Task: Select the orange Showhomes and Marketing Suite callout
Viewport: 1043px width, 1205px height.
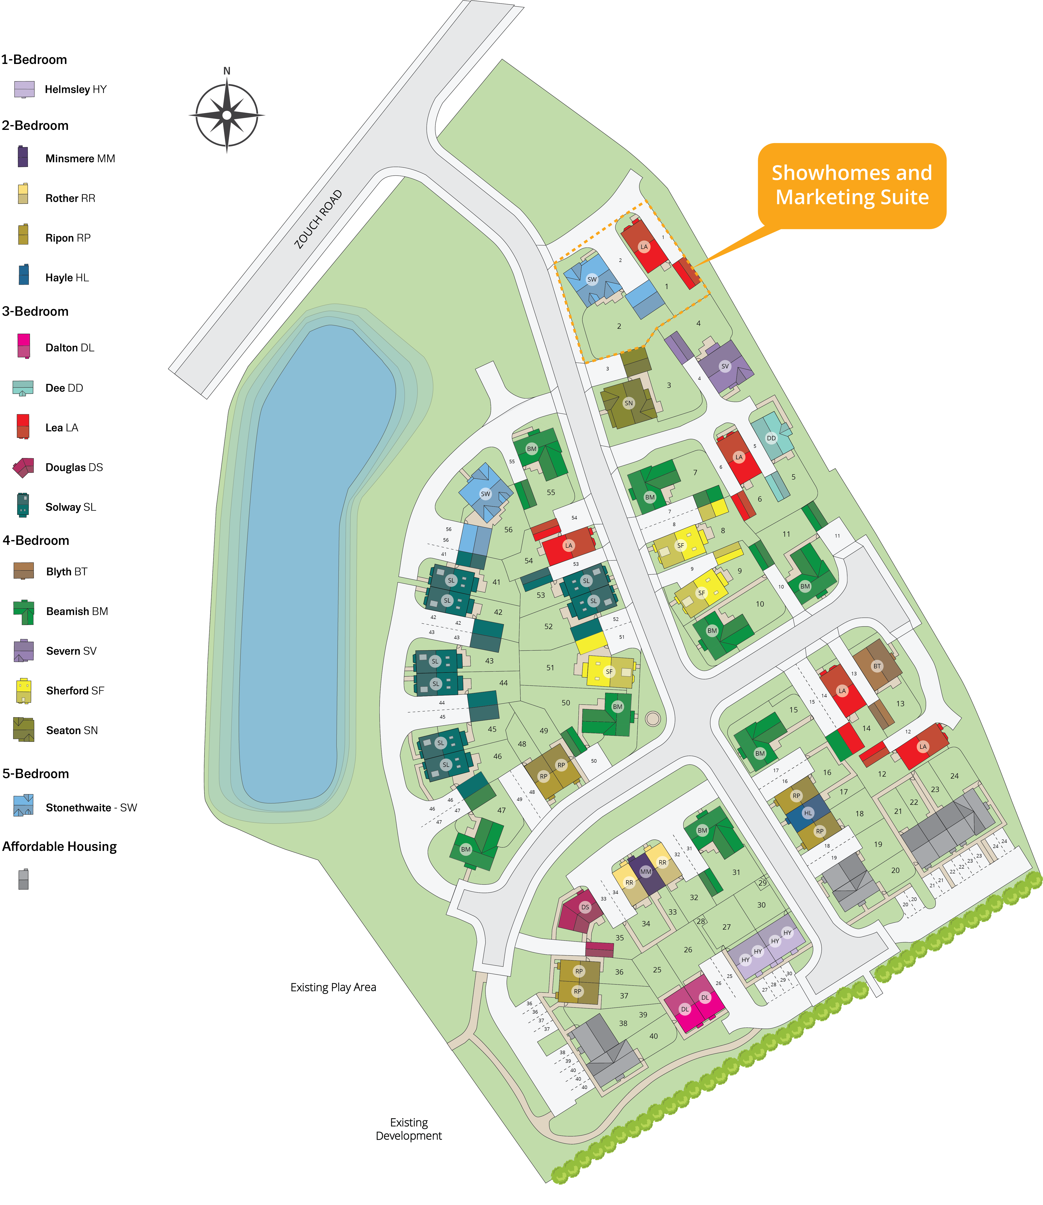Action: pos(851,185)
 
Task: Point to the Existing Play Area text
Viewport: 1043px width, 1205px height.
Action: pos(333,987)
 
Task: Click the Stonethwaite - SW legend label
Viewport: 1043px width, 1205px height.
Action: pos(91,807)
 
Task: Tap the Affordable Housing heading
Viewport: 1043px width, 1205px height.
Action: pos(59,846)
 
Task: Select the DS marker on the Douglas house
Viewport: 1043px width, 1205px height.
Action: pos(585,907)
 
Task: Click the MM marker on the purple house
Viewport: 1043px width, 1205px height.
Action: pos(645,871)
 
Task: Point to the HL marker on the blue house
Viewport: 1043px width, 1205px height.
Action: pos(808,813)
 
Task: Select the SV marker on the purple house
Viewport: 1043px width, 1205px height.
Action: pos(725,366)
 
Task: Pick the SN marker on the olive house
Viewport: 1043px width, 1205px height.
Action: pos(629,403)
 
